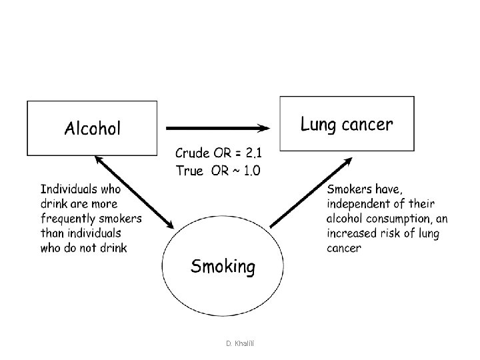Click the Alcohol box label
tap(93, 128)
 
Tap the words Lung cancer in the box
tap(347, 124)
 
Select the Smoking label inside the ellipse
tap(223, 267)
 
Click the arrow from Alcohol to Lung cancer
tap(218, 128)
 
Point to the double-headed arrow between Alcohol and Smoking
tap(135, 192)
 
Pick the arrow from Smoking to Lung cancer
tap(311, 193)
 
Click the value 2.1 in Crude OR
tap(254, 153)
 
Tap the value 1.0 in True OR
tap(252, 171)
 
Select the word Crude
tap(193, 153)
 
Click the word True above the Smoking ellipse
tap(189, 171)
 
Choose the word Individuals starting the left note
tap(69, 189)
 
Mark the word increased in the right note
tap(351, 233)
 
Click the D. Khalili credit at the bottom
tap(240, 343)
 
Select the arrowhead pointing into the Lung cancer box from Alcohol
tap(263, 128)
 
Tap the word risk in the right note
tap(390, 233)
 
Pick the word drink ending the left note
tap(113, 247)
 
